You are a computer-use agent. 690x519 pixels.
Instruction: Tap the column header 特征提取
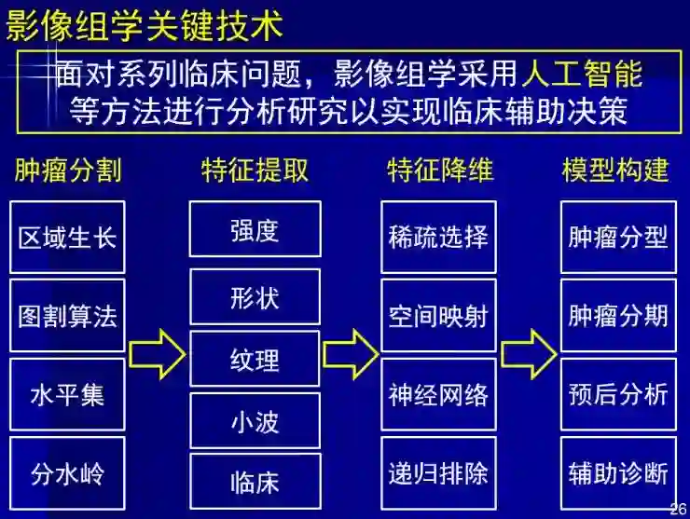click(x=255, y=170)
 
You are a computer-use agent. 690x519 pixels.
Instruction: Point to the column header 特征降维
click(x=440, y=170)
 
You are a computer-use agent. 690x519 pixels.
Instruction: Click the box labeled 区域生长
click(x=68, y=237)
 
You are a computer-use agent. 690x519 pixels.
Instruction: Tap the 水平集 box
click(x=68, y=394)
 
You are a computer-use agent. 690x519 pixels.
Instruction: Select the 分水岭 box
click(x=68, y=472)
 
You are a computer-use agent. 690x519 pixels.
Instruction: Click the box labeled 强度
click(x=255, y=229)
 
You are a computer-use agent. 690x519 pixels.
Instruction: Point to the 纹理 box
click(x=255, y=359)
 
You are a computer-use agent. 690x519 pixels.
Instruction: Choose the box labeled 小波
click(x=255, y=421)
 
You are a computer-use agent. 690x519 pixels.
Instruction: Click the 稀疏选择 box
click(x=438, y=237)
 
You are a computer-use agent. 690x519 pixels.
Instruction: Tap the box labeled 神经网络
click(x=438, y=394)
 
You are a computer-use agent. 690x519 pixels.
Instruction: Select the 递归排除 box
click(x=438, y=472)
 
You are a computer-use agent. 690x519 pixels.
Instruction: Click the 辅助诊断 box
click(x=618, y=472)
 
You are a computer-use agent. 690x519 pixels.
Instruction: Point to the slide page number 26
click(x=677, y=508)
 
